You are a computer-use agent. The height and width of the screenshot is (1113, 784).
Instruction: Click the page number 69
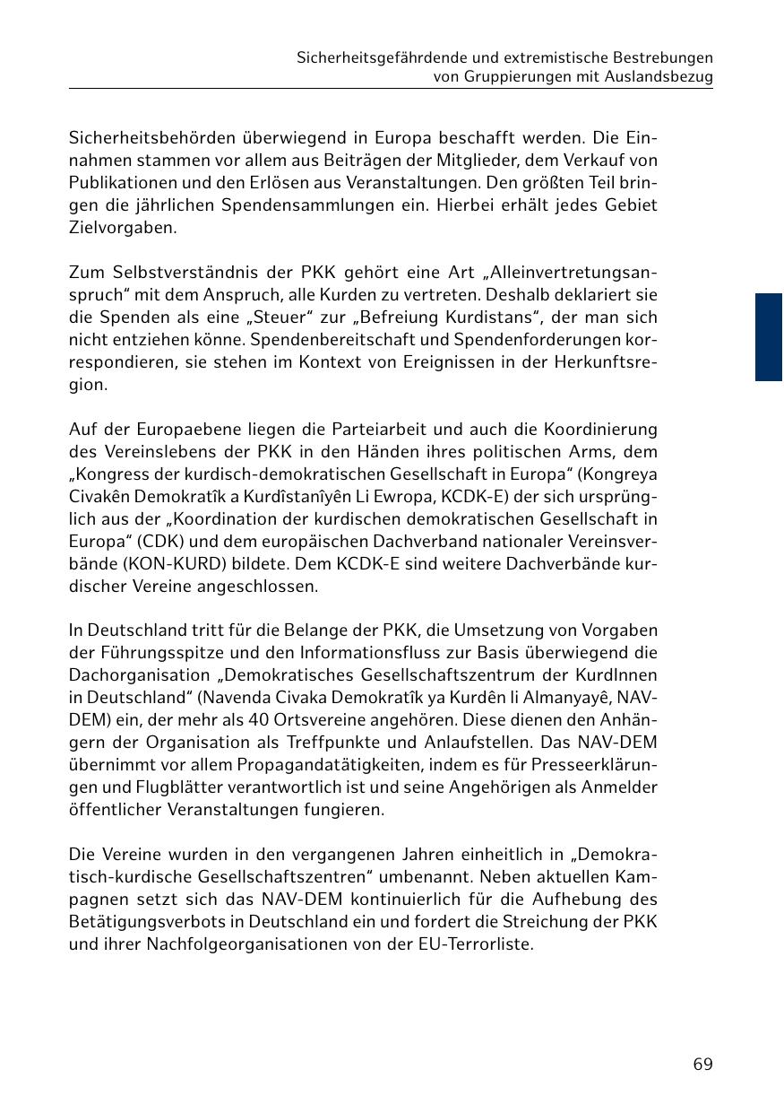pyautogui.click(x=702, y=1064)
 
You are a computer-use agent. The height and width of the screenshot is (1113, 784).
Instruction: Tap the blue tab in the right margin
pyautogui.click(x=768, y=337)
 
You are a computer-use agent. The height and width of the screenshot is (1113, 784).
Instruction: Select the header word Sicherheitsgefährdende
pyautogui.click(x=381, y=57)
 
